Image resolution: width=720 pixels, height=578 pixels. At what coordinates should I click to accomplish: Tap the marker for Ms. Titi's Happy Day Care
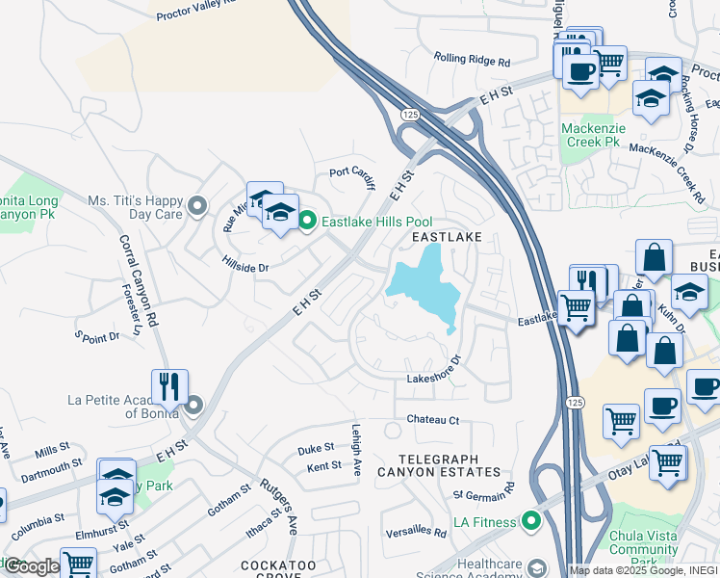click(x=198, y=206)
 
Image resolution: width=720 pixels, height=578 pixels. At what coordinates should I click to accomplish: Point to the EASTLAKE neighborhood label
click(x=446, y=237)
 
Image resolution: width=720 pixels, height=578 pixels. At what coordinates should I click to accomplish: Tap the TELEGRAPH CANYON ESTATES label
click(x=439, y=464)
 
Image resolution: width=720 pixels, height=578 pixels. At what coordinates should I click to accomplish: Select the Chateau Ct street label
click(x=433, y=419)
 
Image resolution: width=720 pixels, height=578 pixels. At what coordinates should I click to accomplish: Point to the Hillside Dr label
click(x=244, y=267)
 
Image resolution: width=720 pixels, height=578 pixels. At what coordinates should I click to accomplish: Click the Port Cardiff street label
click(x=351, y=173)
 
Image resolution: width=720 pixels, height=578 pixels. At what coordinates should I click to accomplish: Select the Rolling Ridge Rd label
click(x=472, y=60)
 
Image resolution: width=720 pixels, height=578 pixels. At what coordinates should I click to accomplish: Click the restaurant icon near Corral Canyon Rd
click(x=169, y=386)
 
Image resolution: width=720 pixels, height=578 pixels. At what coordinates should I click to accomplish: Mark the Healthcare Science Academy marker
click(x=537, y=568)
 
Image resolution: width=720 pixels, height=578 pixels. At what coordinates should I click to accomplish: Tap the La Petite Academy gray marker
click(x=193, y=406)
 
